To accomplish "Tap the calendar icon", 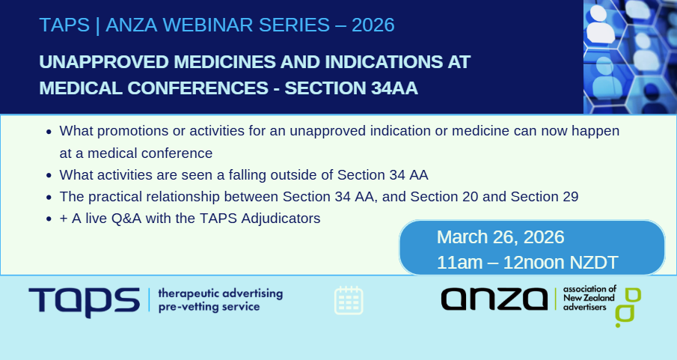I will pos(348,300).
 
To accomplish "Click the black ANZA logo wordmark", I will pos(494,299).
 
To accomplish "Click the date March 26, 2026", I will pos(500,238).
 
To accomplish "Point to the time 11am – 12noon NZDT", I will pos(527,263).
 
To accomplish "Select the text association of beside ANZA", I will pos(589,288).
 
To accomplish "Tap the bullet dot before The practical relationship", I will pos(49,198).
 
